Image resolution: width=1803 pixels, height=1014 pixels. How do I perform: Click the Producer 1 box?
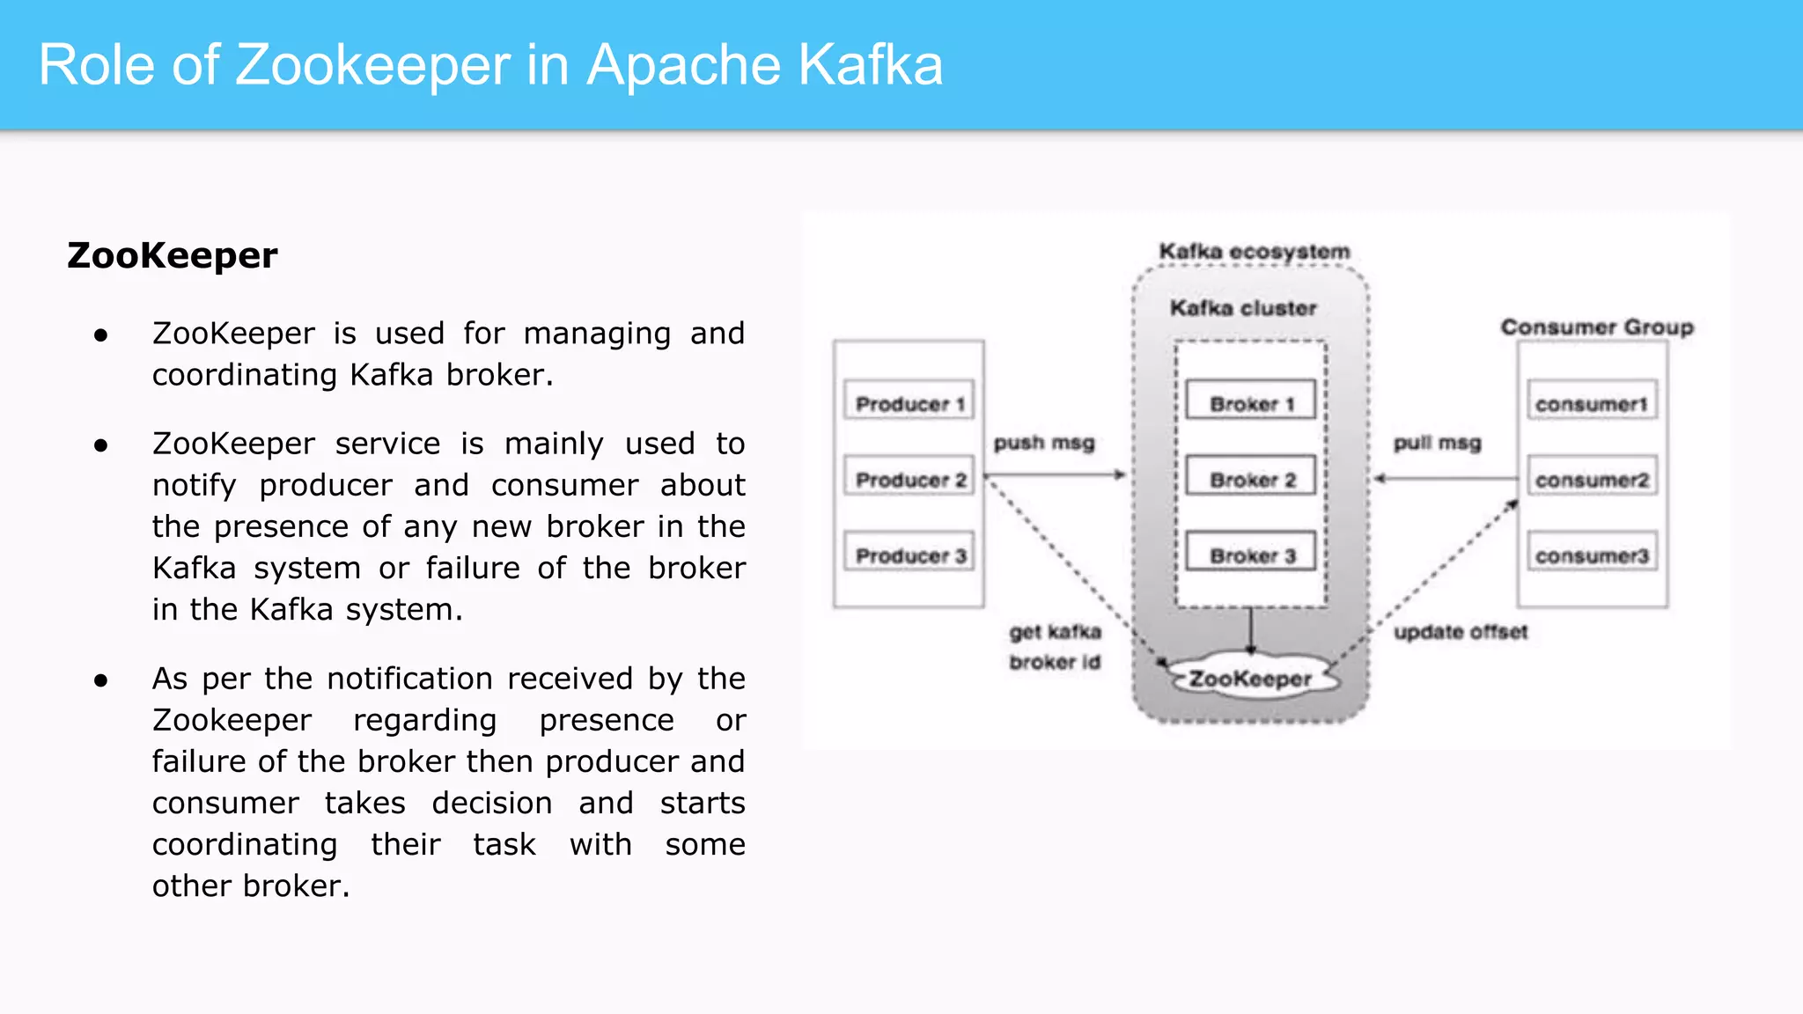909,403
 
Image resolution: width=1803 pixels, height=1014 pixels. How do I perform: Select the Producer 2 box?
909,479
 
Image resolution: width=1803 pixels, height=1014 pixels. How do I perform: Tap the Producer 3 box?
909,555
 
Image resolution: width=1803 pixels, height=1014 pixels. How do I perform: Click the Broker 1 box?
1250,402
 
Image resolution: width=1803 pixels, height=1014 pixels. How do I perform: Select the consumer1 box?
1591,403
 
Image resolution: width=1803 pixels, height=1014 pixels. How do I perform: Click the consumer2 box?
1591,479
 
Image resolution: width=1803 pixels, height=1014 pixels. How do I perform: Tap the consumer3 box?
1591,555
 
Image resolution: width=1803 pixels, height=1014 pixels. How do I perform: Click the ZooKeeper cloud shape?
1251,678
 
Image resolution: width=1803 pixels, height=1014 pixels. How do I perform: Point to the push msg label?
1044,443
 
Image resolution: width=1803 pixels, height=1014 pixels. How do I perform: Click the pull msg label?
1437,443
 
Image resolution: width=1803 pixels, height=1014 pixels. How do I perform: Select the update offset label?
1461,631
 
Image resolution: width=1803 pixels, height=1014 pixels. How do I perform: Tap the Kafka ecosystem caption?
1254,251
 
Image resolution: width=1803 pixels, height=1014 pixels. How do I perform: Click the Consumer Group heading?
1596,327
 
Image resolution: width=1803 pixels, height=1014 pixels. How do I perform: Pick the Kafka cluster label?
1243,307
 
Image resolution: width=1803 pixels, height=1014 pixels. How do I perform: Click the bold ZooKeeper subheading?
173,255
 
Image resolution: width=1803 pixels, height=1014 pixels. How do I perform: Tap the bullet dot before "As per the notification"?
101,680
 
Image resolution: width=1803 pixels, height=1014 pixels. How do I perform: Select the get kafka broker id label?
1055,646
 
